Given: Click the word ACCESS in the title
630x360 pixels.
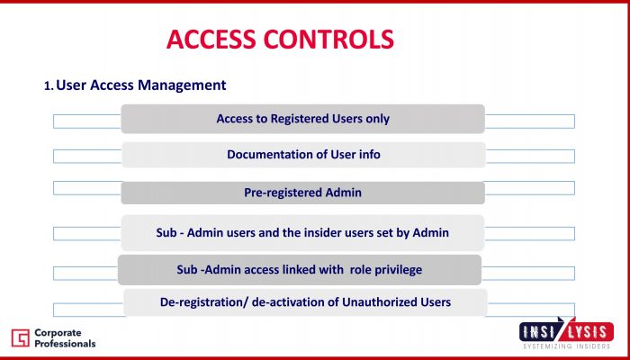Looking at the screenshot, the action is coord(211,39).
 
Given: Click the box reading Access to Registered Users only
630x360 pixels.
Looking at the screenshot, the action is coord(303,119).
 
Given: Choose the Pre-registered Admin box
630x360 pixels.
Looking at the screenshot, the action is coord(303,193).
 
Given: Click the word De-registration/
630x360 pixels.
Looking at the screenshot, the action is coord(204,302).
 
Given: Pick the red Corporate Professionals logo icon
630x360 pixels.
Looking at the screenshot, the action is coord(20,337).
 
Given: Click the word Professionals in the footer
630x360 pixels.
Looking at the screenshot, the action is coord(65,344).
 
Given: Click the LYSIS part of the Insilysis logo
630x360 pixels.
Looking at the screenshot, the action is coord(589,332).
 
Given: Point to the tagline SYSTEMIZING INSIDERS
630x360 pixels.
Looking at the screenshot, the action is coord(566,346).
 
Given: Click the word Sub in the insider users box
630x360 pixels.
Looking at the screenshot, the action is coord(166,232).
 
